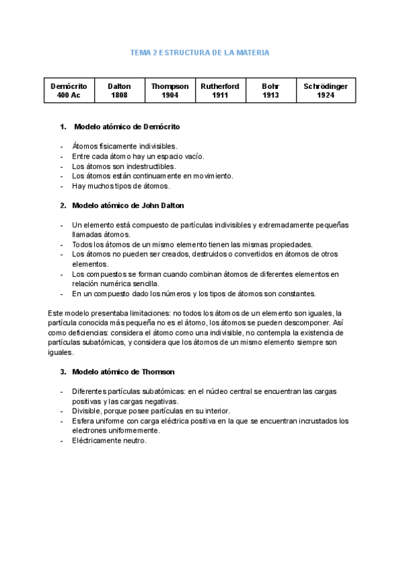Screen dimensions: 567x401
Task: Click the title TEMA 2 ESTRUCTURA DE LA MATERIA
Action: point(200,52)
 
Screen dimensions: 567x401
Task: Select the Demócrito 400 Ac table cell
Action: point(69,91)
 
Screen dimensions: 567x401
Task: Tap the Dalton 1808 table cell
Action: point(120,91)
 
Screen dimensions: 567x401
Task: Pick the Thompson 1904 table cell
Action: point(170,91)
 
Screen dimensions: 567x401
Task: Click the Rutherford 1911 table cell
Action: point(220,91)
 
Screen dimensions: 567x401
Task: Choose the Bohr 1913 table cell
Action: point(271,91)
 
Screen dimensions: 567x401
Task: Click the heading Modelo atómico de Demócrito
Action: point(127,126)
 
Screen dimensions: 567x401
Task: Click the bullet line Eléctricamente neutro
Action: point(109,441)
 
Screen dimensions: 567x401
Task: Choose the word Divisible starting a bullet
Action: point(88,411)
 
